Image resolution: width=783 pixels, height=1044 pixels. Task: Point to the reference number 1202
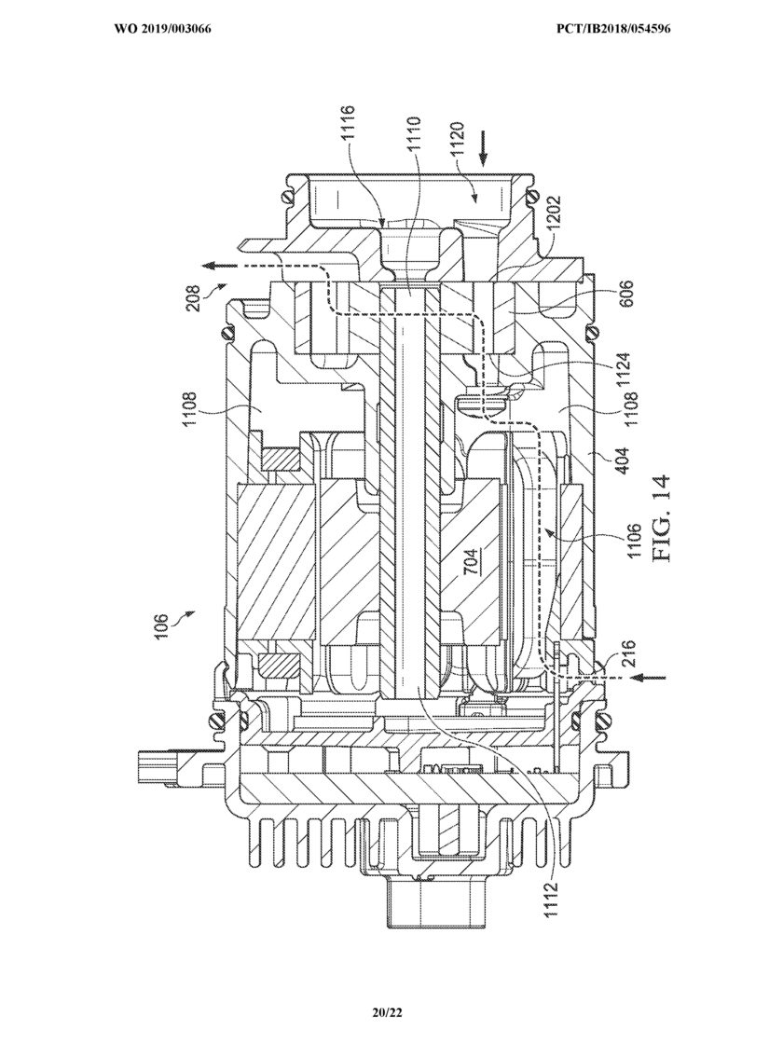552,213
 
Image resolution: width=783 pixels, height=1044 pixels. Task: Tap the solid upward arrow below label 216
646,679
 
